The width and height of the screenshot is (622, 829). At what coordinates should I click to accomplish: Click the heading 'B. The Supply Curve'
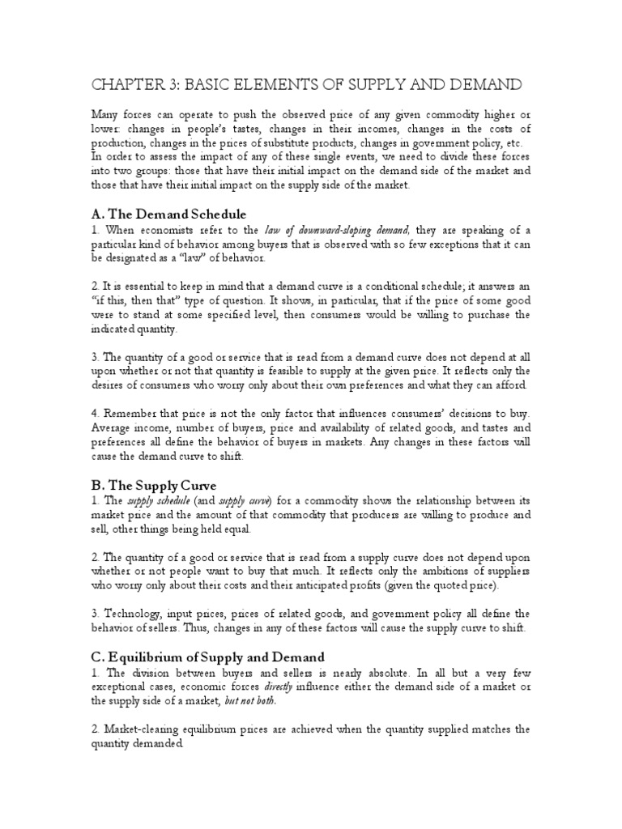(154, 485)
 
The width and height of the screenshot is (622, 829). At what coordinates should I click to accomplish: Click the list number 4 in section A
(94, 414)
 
